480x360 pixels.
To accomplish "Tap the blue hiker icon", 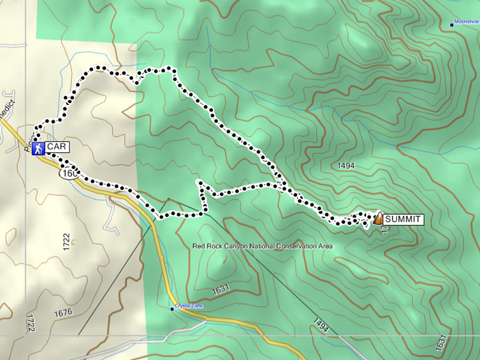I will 38,148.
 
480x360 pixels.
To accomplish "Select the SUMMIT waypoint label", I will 403,220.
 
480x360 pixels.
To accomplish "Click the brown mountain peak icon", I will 378,220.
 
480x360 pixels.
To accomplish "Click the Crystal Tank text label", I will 190,306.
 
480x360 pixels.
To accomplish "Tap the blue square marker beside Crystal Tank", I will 172,310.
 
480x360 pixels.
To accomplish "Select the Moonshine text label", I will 467,22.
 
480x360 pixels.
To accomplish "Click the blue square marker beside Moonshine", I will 452,25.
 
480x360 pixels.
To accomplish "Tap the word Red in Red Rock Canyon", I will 199,246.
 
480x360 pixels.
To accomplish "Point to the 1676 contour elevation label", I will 62,312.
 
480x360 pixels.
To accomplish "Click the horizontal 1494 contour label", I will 340,166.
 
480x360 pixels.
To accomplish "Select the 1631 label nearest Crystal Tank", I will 220,290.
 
